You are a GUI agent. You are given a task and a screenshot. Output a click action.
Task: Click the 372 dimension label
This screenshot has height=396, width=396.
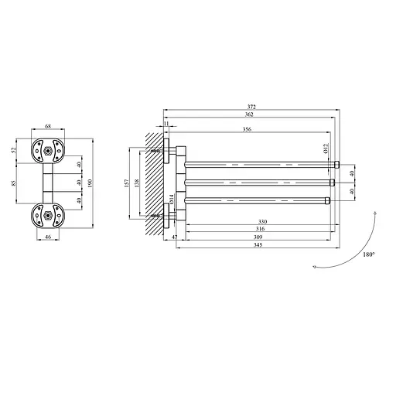click(252, 106)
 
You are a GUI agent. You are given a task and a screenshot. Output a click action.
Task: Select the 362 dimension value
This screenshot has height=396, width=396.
click(247, 114)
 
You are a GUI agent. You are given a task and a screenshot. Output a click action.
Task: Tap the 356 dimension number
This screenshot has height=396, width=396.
click(246, 131)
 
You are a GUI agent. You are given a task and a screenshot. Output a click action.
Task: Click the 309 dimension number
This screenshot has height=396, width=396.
click(258, 237)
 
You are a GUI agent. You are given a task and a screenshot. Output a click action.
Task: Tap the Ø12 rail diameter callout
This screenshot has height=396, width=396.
click(326, 148)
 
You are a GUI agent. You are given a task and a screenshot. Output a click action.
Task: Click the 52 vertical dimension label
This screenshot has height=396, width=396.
click(13, 150)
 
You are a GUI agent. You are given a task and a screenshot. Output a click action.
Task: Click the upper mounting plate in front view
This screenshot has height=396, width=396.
click(46, 150)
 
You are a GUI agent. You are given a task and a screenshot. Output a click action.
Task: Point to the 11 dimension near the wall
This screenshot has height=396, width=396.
click(166, 124)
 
